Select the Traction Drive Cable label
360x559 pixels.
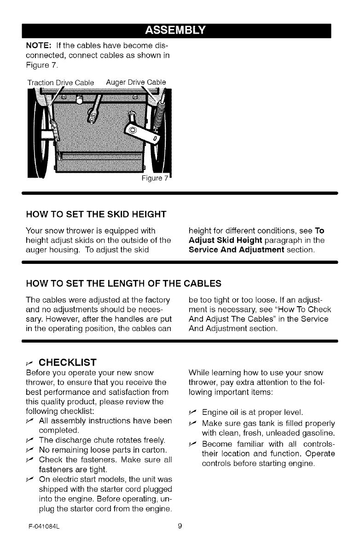point(60,82)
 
